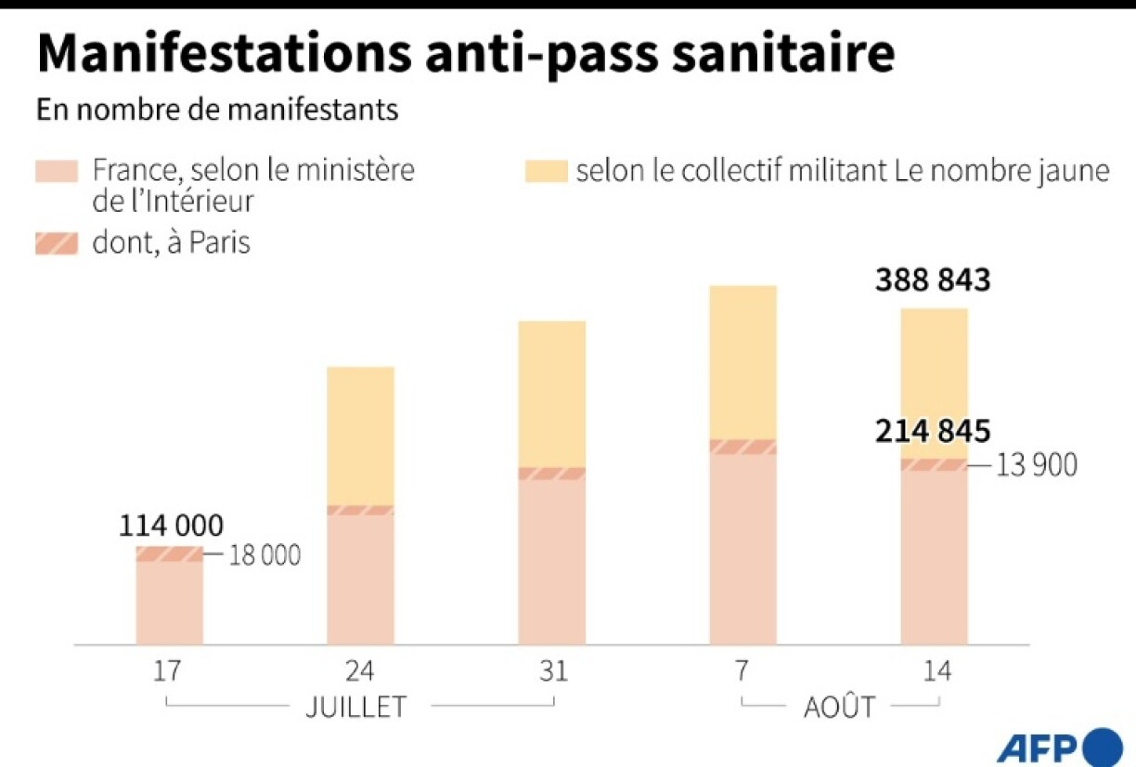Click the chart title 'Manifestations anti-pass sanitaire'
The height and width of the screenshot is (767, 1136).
[x=465, y=55]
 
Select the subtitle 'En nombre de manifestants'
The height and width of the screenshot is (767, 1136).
[x=217, y=110]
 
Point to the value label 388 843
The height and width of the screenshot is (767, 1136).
[x=933, y=280]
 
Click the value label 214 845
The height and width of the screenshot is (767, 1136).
[x=933, y=432]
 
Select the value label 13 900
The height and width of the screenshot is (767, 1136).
[x=1037, y=465]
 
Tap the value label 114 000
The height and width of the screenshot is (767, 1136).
[x=171, y=526]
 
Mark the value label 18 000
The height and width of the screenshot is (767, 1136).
[x=264, y=555]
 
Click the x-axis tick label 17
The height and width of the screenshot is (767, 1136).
[x=169, y=671]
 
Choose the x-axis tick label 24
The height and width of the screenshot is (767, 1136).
[x=360, y=671]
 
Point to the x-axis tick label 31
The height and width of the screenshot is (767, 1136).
[x=552, y=671]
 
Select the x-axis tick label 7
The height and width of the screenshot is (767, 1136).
[x=743, y=671]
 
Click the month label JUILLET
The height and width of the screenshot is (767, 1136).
[x=356, y=707]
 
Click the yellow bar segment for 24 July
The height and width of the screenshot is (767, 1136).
[x=361, y=435]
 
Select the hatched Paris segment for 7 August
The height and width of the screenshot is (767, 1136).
[x=743, y=447]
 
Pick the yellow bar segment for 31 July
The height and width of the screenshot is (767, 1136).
[x=552, y=394]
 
